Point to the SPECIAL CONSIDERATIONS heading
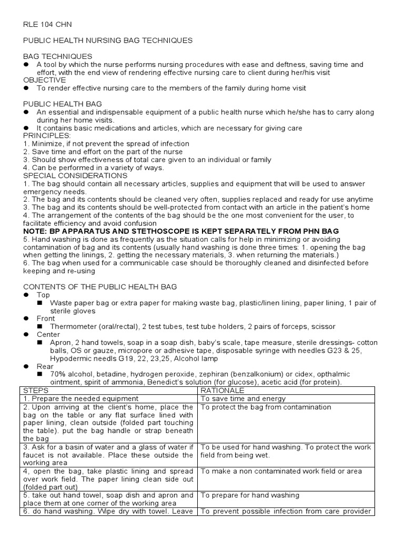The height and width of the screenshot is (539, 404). pos(75,175)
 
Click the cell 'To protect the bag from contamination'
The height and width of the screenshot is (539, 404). pos(266,407)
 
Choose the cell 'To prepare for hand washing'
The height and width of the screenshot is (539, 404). pos(250,495)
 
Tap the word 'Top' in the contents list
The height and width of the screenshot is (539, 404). pos(43,295)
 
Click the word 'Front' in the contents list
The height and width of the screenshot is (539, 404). pos(46,319)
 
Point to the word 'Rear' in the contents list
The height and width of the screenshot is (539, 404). pos(45,366)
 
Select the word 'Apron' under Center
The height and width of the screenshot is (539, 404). pos(60,342)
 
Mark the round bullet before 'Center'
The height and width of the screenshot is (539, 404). pos(26,334)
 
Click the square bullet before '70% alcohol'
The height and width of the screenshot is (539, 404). pos(39,374)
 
